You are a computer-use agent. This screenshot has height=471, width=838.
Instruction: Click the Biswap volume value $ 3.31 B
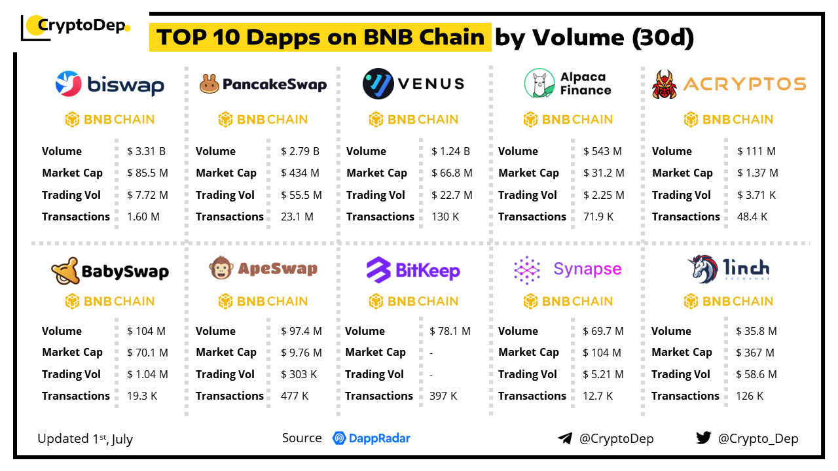[x=146, y=151]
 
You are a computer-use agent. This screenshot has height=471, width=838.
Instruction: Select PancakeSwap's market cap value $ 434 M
[x=300, y=173]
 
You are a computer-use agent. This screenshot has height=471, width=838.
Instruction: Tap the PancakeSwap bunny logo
[x=209, y=84]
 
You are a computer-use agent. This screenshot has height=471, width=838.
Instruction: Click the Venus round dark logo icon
[x=378, y=84]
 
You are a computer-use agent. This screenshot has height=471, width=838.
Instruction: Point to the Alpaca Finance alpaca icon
[x=539, y=83]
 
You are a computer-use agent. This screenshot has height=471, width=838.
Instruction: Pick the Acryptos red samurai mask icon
[x=664, y=84]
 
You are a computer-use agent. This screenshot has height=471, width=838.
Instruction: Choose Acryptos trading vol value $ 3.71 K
[x=756, y=195]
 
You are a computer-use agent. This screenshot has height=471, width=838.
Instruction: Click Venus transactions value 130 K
[x=445, y=217]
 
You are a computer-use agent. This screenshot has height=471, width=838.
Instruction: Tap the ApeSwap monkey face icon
[x=221, y=268]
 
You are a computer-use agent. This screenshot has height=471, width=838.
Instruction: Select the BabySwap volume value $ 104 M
[x=146, y=331]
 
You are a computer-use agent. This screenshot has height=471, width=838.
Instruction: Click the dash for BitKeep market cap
[x=431, y=353]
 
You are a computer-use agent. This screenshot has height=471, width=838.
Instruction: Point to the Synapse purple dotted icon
[x=527, y=270]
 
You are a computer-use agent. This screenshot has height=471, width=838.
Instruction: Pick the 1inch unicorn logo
[x=703, y=269]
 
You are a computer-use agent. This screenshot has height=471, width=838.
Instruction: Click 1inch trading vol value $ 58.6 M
[x=756, y=375]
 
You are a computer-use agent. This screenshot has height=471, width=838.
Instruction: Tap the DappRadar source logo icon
[x=339, y=438]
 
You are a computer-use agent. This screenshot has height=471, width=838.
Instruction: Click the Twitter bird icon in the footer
[x=703, y=438]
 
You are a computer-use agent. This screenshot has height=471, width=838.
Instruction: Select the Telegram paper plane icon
[x=565, y=438]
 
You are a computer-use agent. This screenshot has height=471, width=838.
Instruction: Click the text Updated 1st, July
[x=85, y=439]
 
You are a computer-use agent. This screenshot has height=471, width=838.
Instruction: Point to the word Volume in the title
[x=579, y=37]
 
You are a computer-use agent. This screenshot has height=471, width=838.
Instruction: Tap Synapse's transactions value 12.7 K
[x=598, y=396]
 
